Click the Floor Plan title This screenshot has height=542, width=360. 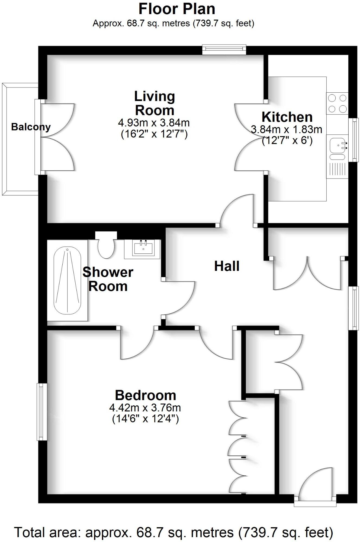[177, 9]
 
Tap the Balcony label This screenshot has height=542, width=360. [31, 127]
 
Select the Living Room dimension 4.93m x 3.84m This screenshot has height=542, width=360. [154, 123]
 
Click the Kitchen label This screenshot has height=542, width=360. [287, 117]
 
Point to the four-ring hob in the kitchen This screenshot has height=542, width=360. [337, 103]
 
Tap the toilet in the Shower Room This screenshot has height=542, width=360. [106, 246]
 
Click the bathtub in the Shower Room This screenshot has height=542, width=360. [67, 280]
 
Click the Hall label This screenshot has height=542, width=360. [227, 266]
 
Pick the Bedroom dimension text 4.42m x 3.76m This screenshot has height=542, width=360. [145, 407]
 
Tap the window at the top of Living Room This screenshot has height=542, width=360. [224, 49]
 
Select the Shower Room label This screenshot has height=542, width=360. [108, 279]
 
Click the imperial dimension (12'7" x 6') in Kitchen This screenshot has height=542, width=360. [287, 141]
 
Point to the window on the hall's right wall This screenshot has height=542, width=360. [353, 308]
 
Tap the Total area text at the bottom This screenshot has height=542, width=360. [173, 532]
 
